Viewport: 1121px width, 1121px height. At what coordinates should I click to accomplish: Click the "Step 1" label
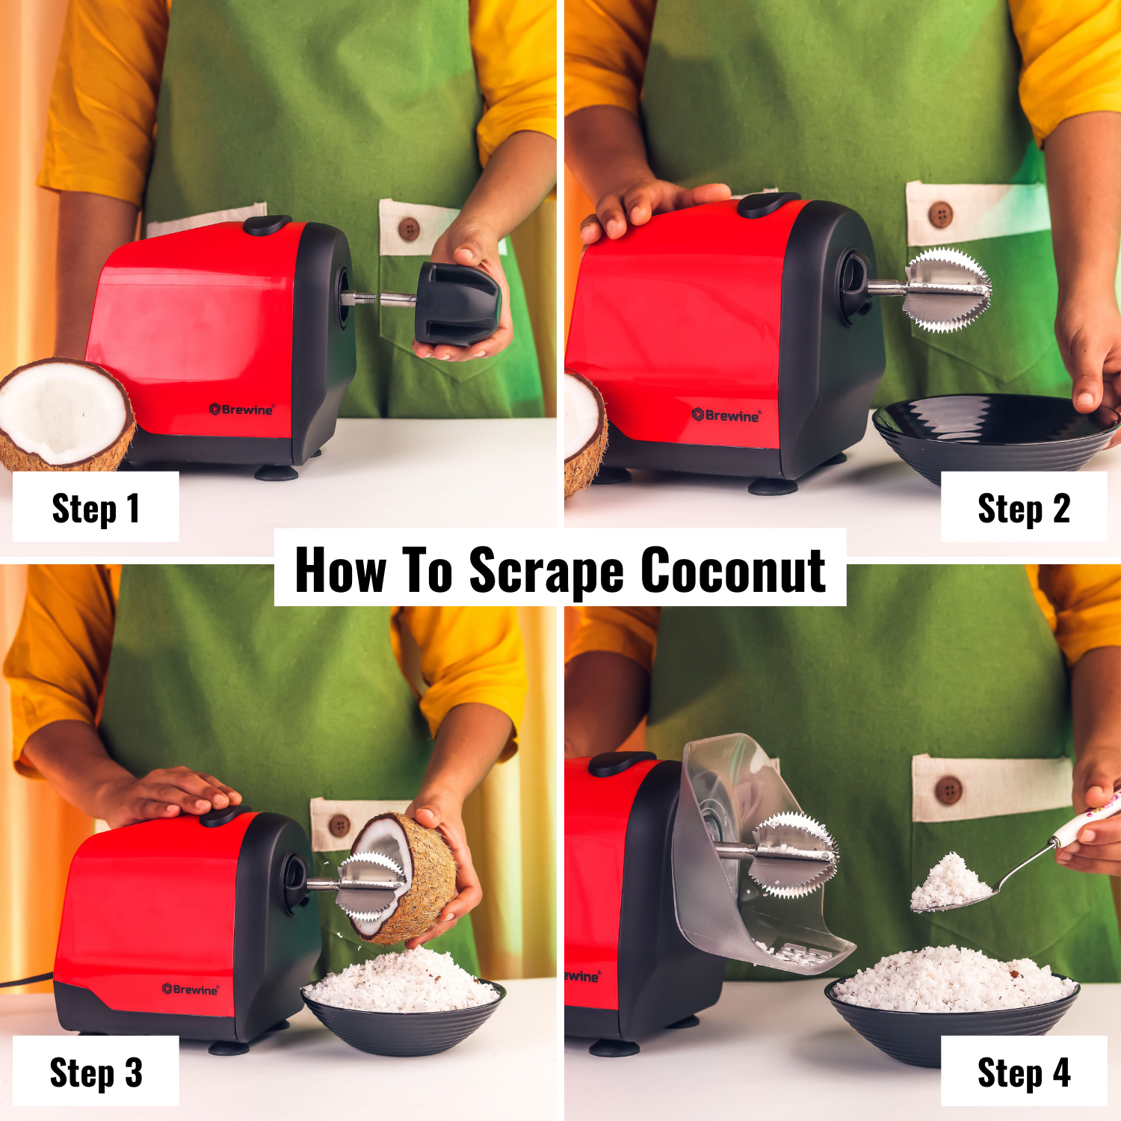click(96, 508)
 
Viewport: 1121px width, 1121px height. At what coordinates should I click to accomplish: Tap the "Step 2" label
click(1023, 508)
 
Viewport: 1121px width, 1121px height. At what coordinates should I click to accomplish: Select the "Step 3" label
click(96, 1072)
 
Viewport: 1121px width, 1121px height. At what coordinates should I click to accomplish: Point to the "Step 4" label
click(1023, 1072)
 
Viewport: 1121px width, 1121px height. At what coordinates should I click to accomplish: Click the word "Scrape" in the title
click(546, 572)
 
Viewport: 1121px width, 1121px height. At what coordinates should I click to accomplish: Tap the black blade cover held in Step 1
click(456, 303)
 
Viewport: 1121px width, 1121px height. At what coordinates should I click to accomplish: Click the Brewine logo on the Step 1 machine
click(241, 410)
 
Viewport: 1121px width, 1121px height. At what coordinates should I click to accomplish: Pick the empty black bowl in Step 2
click(994, 433)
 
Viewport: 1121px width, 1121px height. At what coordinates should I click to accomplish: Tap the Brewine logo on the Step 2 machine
click(726, 416)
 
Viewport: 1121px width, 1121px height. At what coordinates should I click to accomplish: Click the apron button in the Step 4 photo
click(948, 790)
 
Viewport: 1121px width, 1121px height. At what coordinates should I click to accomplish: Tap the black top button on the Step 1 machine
click(267, 224)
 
